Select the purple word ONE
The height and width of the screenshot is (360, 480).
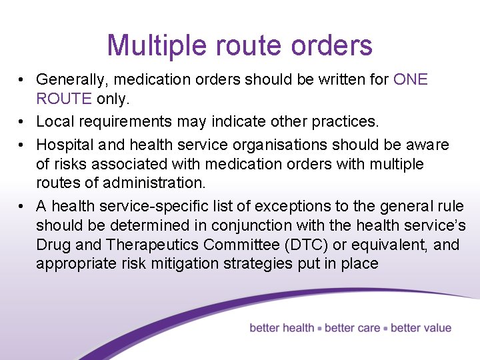[411, 80]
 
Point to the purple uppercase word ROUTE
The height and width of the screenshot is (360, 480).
[64, 99]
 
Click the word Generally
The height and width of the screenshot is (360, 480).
[69, 80]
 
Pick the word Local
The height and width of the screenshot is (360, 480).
[52, 121]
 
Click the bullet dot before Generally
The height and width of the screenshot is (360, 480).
[22, 80]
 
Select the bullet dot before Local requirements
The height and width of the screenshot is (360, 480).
[22, 121]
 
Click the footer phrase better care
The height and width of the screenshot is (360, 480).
[352, 328]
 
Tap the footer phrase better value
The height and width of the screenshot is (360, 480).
[421, 328]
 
